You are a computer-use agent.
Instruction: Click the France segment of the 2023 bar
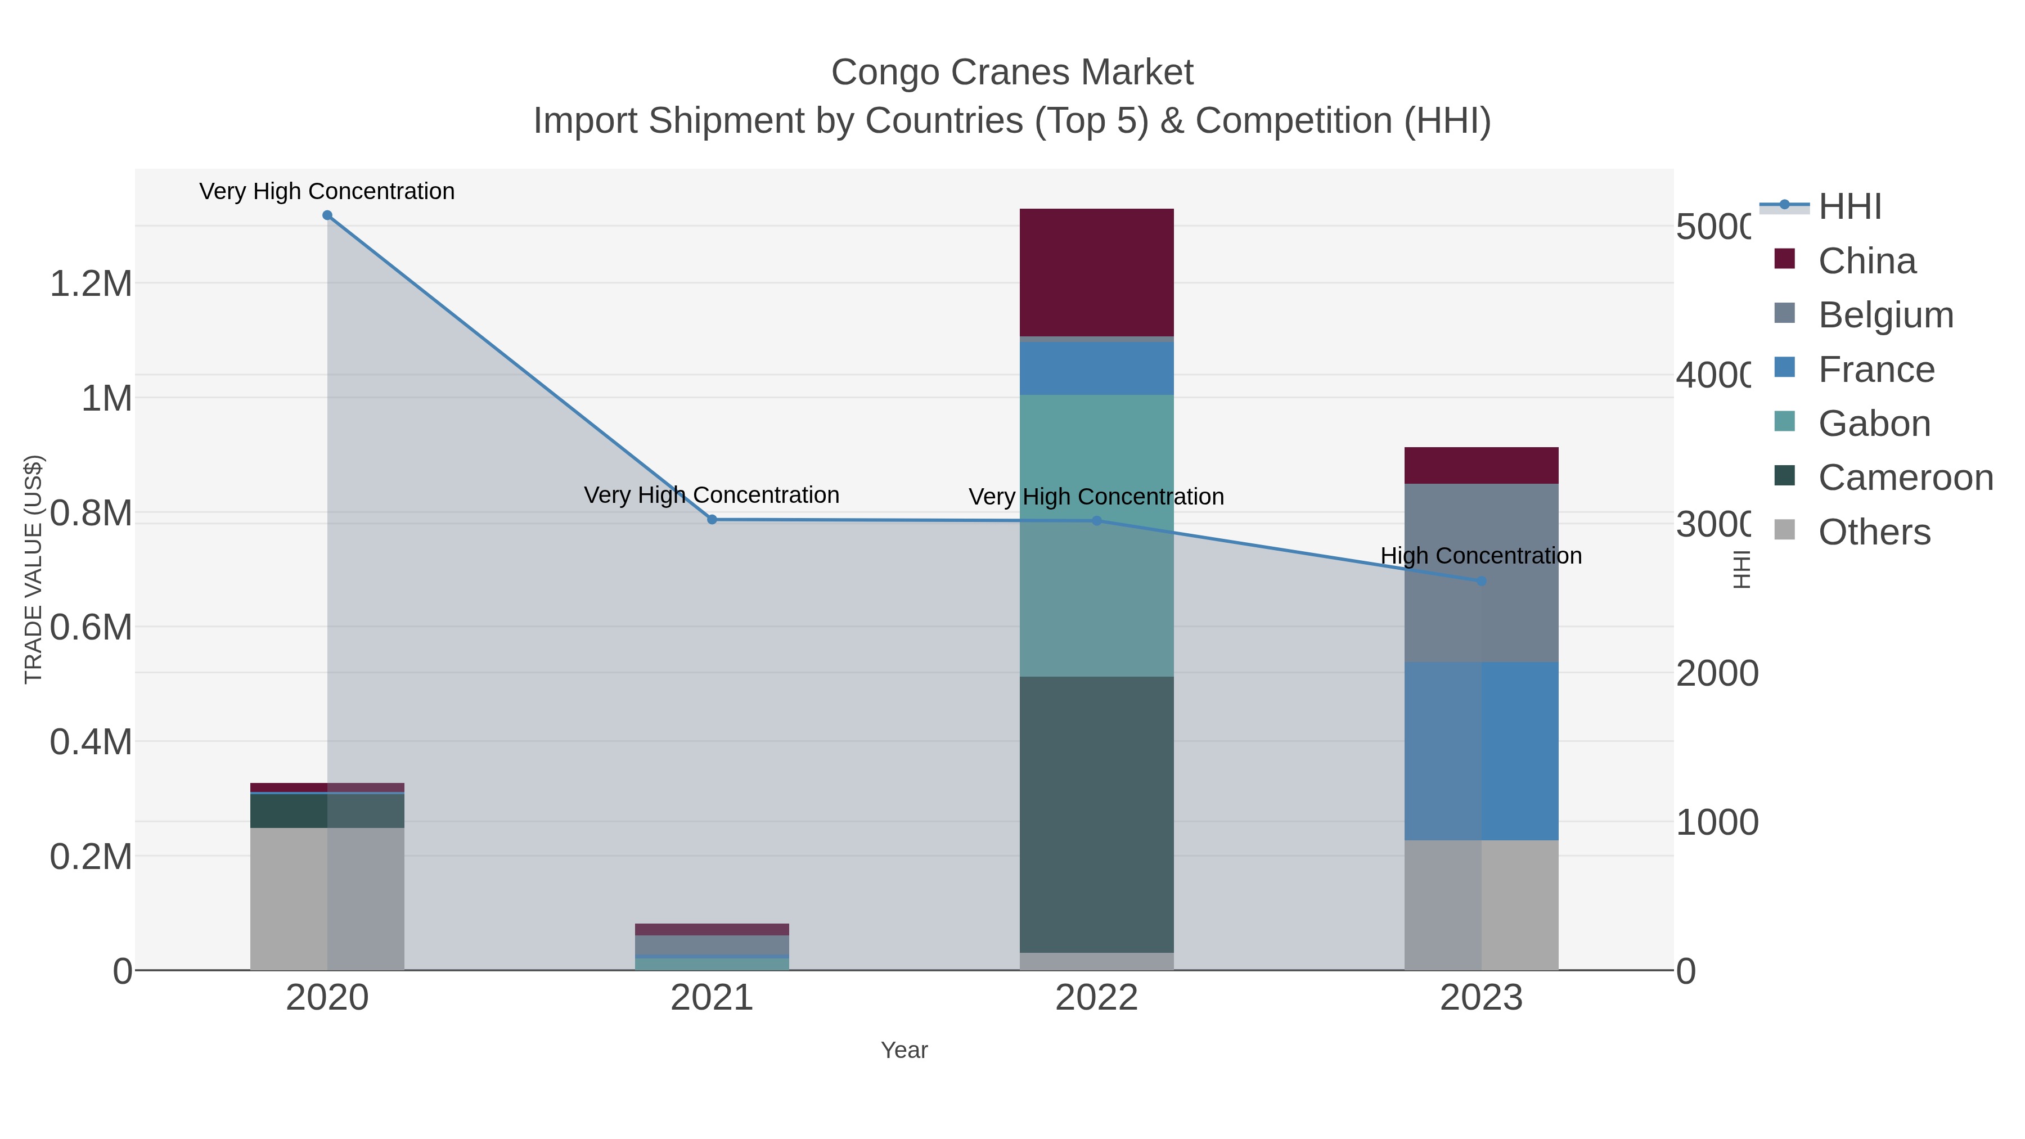1481,751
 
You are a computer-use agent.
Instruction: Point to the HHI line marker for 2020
327,215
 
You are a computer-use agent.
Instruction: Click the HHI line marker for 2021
712,520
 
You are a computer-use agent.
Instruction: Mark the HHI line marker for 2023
1481,581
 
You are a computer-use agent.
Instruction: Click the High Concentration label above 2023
1481,556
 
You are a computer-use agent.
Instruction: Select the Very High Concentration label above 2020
327,191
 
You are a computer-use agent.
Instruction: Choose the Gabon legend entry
1874,424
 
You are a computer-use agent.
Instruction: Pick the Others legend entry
1874,532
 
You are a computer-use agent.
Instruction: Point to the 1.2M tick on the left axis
91,283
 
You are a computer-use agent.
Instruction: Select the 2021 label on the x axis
712,998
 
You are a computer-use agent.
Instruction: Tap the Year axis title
904,1050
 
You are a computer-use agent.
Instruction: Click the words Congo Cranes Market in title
1012,73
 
